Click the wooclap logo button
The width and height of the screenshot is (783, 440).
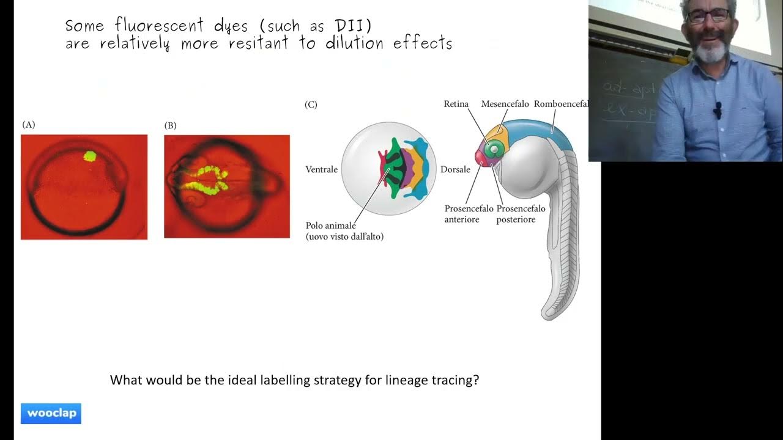[x=51, y=414]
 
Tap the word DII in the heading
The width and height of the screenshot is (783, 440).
[x=352, y=26]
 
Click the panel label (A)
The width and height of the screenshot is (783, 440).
[x=29, y=125]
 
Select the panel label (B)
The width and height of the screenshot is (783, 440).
[x=171, y=125]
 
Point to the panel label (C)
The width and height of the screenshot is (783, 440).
[x=311, y=105]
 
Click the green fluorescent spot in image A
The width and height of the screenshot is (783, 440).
[x=90, y=156]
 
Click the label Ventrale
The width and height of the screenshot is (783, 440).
[x=321, y=169]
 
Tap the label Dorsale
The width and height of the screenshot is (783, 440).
[x=455, y=169]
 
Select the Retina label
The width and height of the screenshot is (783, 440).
[x=456, y=104]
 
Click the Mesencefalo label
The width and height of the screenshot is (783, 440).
[x=505, y=104]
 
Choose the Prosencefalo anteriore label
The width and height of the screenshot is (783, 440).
[x=469, y=214]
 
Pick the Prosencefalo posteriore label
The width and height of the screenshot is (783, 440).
[x=521, y=214]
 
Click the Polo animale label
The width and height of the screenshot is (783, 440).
[x=331, y=226]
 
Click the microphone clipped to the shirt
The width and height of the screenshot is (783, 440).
[x=718, y=109]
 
